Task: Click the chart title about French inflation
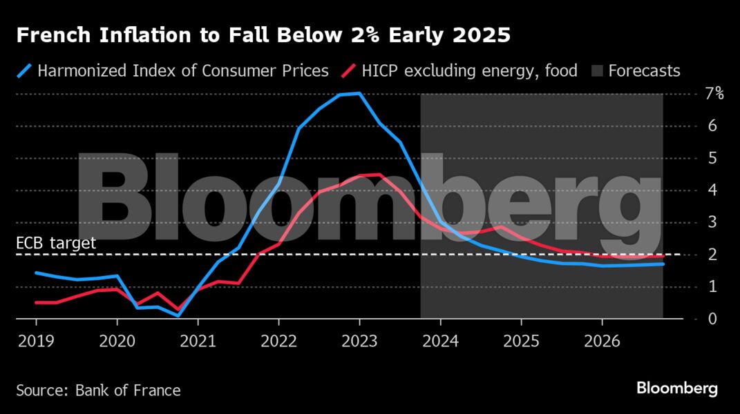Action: coord(263,35)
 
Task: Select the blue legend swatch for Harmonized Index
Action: coord(25,71)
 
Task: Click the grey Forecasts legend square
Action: coord(597,71)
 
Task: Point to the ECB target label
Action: coord(55,243)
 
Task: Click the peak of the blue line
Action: coord(359,93)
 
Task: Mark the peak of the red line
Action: coord(379,175)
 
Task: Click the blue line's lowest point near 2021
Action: coord(178,315)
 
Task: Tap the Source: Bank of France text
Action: coord(98,391)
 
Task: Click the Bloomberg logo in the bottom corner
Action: coord(677,389)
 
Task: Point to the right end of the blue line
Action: coord(663,264)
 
